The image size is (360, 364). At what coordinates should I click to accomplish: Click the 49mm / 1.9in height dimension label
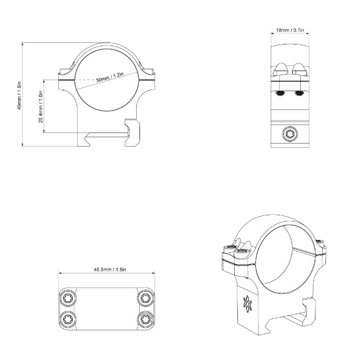20,95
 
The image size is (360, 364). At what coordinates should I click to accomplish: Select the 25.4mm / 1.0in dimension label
41,106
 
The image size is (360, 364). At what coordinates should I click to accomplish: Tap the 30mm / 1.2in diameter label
110,77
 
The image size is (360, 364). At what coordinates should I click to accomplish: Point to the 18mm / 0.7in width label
290,30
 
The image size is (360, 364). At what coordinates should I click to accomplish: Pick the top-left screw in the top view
68,298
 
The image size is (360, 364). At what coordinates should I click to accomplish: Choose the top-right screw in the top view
145,298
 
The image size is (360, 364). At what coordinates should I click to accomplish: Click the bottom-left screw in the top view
68,319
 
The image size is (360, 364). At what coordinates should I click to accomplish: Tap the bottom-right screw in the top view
145,319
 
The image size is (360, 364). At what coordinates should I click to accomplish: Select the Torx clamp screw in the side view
290,134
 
